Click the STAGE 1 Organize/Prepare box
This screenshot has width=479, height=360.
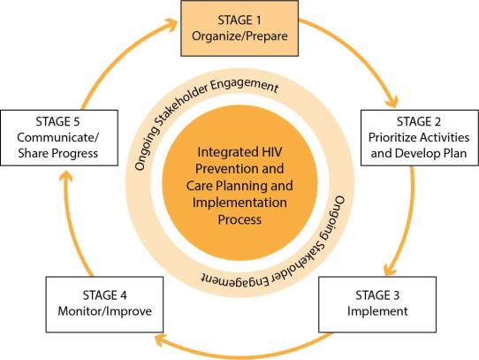[x=239, y=28]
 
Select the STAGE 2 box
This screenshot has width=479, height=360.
[x=420, y=138]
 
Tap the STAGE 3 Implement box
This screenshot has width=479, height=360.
[x=377, y=304]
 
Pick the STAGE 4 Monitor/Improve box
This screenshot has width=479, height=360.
[x=104, y=304]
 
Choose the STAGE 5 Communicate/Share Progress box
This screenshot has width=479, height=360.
[x=59, y=138]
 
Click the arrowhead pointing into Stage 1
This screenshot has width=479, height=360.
[x=171, y=25]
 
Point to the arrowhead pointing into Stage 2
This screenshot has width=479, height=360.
[x=392, y=101]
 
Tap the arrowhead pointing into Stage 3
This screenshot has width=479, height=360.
[x=390, y=269]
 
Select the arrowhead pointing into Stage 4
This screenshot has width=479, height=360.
[x=162, y=340]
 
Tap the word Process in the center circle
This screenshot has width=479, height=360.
[x=239, y=219]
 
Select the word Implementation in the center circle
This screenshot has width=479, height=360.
[x=239, y=203]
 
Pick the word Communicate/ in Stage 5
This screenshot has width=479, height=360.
[x=58, y=138]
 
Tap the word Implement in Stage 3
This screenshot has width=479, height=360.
[x=377, y=311]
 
